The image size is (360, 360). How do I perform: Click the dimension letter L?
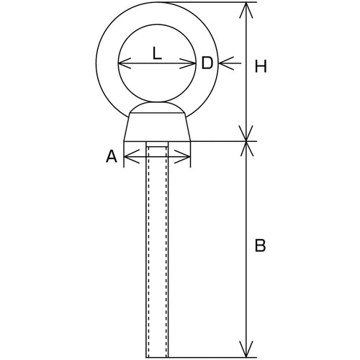tap(157, 53)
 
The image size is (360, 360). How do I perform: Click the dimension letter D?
tap(207, 63)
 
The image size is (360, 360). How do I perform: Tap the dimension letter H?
tap(261, 66)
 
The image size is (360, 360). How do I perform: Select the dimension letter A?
tap(112, 156)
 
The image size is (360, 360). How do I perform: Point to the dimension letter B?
tap(260, 246)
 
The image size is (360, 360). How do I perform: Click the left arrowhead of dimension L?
tap(125, 63)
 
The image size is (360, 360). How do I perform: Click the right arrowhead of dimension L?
tap(188, 63)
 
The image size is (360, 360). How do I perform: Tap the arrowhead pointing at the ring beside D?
tap(226, 63)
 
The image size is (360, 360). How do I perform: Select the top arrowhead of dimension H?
tap(246, 10)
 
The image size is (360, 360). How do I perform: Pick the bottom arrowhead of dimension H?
tap(246, 133)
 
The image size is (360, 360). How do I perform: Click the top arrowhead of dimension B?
tap(246, 149)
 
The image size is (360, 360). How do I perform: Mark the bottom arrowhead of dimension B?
tap(246, 350)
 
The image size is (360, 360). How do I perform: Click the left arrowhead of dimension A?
tap(132, 156)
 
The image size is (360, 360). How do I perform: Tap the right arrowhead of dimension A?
tap(182, 156)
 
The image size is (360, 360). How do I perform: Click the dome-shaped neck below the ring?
tap(157, 107)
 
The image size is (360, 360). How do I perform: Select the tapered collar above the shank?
tap(157, 127)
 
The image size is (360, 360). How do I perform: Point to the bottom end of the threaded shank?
tap(157, 357)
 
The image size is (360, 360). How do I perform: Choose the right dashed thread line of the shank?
tap(166, 251)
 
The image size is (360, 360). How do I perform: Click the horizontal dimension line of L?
tap(157, 63)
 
